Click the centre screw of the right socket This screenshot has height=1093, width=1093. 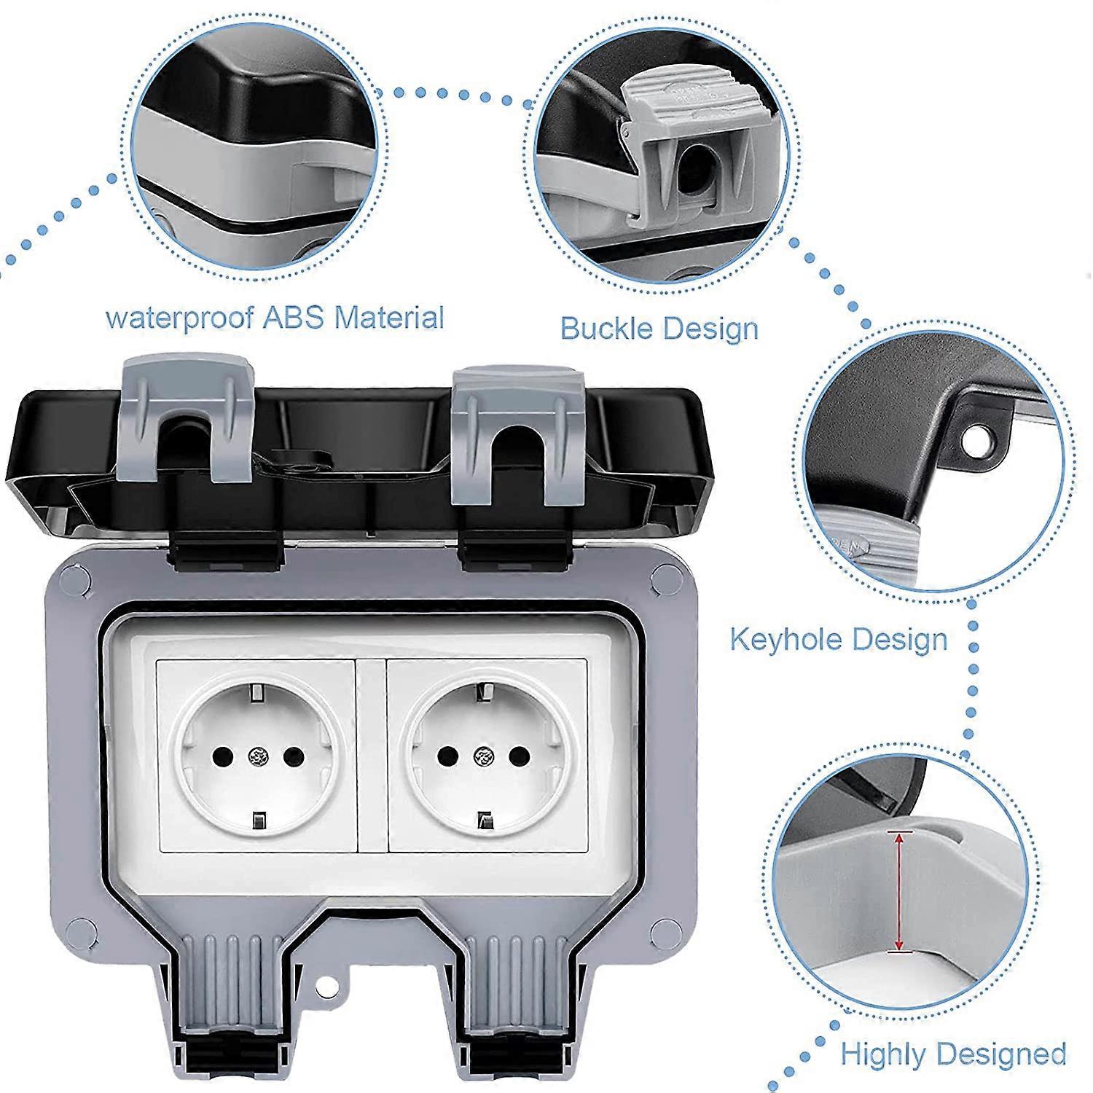(x=480, y=755)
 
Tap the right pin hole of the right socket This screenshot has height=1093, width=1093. (x=517, y=755)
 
